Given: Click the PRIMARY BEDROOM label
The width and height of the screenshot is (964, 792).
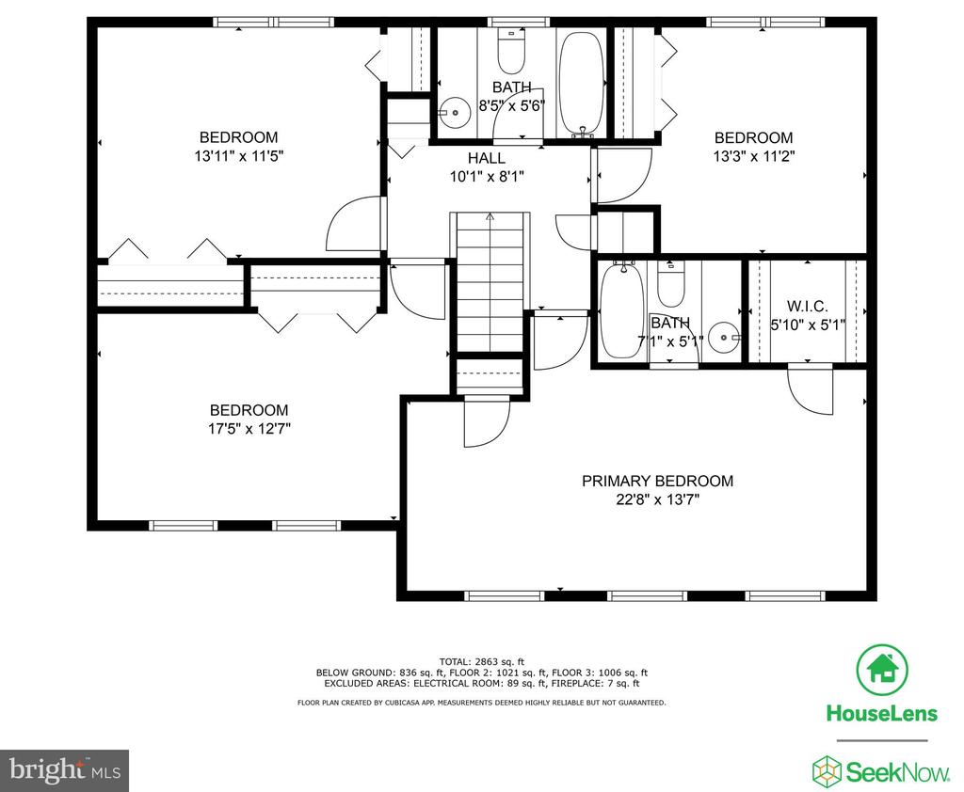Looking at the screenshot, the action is coord(657,481).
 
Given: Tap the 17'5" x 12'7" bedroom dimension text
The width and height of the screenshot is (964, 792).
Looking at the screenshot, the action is coord(249,428).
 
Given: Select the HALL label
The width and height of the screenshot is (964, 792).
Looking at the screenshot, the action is coord(487,159).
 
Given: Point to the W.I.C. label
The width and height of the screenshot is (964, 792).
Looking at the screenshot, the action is coord(807,306).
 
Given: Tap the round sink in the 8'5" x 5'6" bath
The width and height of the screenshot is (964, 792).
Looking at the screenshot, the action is coord(453,113).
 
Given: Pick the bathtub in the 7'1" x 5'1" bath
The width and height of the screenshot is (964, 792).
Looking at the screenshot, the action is coord(622,310).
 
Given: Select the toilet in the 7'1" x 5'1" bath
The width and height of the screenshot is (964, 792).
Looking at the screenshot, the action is coord(670,284).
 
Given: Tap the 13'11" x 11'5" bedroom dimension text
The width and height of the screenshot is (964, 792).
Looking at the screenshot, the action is coord(238,156).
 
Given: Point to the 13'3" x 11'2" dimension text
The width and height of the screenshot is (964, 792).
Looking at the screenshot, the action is coord(754,156).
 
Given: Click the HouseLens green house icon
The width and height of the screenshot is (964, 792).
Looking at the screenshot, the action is coord(882,671).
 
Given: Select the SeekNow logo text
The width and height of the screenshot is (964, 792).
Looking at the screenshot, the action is coord(897,771).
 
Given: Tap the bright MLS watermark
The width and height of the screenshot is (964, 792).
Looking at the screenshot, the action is coord(65,770).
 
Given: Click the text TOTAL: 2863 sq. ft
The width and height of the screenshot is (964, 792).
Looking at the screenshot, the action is coord(481,662).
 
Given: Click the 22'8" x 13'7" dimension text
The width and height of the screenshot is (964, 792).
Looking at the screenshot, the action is coord(657,499).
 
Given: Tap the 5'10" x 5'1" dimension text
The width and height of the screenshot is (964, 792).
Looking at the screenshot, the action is coord(808,325).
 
